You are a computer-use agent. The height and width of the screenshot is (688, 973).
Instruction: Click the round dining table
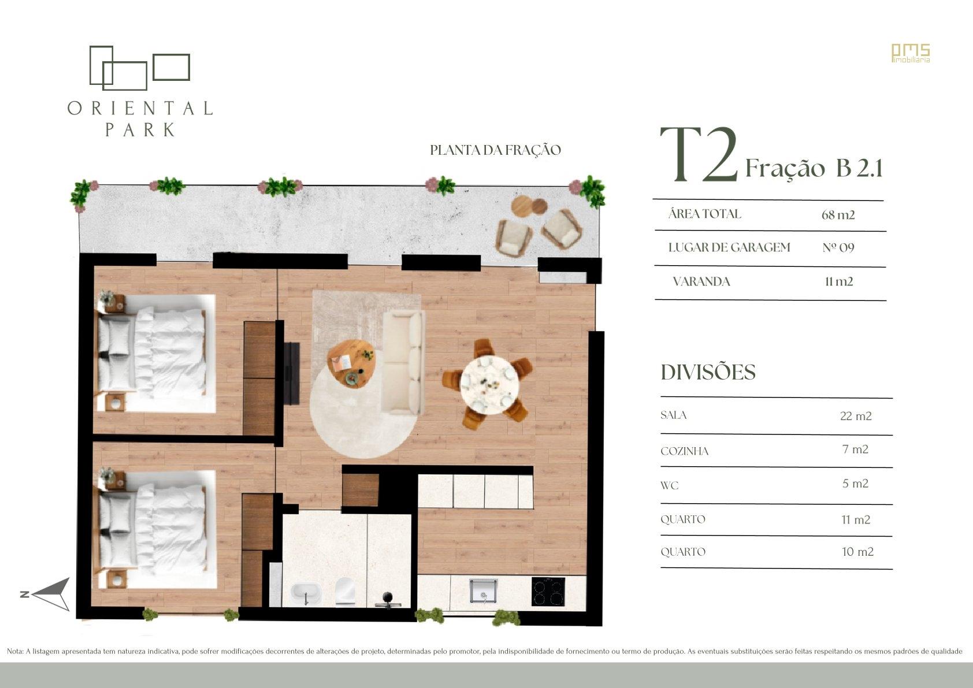coord(489,385)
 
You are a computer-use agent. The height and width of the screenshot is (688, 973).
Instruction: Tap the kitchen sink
coord(484,592)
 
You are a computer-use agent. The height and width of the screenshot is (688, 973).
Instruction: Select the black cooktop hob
coord(549,591)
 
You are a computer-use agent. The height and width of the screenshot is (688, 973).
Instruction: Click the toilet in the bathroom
coord(346,592)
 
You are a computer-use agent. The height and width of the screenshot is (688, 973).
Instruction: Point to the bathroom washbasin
coord(306,593)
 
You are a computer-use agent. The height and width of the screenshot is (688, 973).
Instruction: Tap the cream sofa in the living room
coord(403,363)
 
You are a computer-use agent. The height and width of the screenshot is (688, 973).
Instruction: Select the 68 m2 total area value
coord(838,214)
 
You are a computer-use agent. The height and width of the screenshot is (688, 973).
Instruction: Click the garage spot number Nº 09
coord(838,248)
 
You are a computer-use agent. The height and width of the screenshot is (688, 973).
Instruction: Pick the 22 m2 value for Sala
coord(856,416)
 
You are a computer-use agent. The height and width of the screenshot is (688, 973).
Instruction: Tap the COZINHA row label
coord(685,451)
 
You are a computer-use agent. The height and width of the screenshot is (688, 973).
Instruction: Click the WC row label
coord(670,486)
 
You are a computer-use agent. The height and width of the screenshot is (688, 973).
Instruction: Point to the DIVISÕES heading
coord(708,372)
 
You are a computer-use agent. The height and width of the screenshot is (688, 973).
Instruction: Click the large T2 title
coord(699,154)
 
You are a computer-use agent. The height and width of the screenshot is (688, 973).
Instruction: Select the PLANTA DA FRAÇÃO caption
coord(495,150)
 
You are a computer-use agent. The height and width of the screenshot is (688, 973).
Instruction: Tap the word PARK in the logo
coord(140,130)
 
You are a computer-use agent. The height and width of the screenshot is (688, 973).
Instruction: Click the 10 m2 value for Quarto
coord(857,552)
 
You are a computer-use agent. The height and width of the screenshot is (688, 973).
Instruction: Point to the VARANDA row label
coord(701,281)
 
